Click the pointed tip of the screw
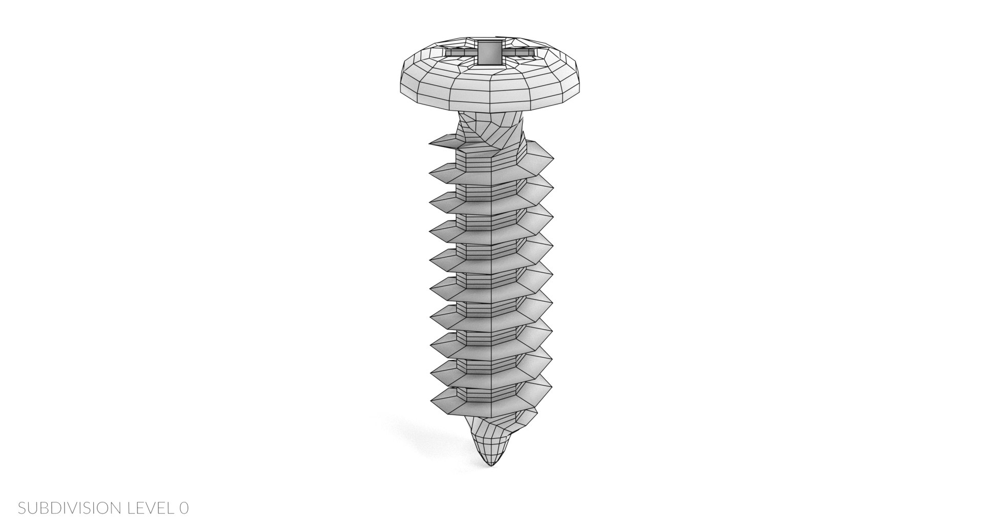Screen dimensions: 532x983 pos(492,465)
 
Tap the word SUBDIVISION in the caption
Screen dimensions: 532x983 pos(68,508)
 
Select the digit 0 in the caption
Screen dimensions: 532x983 pos(184,508)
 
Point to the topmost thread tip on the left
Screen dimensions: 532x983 pos(431,144)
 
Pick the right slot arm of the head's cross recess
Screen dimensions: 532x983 pos(517,51)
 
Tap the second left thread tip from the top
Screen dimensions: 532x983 pos(431,172)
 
